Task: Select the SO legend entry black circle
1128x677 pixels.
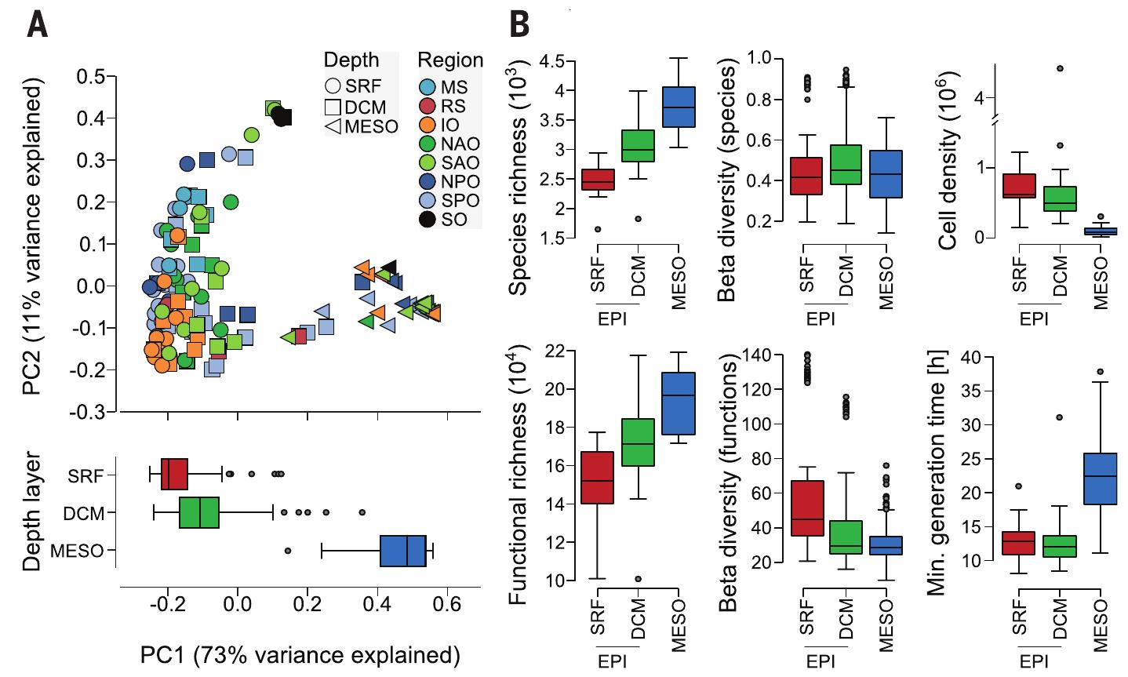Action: pos(427,219)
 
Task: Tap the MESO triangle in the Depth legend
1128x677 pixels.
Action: pos(333,126)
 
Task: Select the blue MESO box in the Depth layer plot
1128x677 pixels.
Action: pos(402,551)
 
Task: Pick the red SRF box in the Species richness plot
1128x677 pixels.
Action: pos(598,180)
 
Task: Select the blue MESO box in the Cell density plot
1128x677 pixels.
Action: pos(1099,231)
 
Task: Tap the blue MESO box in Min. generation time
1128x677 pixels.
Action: pos(1100,479)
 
